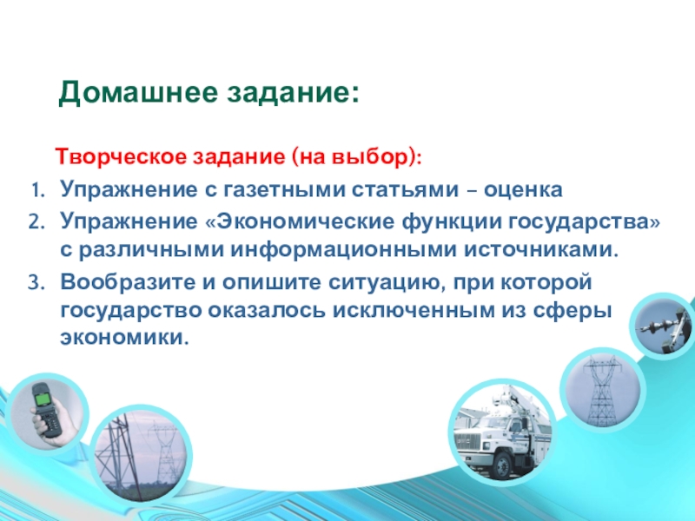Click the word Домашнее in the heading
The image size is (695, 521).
[138, 93]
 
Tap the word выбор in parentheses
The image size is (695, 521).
[369, 157]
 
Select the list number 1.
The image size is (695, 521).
[37, 190]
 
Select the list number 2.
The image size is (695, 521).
[36, 222]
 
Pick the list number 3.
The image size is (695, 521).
[36, 283]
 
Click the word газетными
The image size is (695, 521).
[283, 189]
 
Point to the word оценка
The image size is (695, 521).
[523, 189]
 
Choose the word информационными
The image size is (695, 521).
[343, 250]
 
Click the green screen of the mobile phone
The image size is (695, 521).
[43, 399]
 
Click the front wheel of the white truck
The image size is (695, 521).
[503, 465]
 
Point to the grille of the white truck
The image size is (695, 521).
[468, 440]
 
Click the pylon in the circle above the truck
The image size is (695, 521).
[599, 391]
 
